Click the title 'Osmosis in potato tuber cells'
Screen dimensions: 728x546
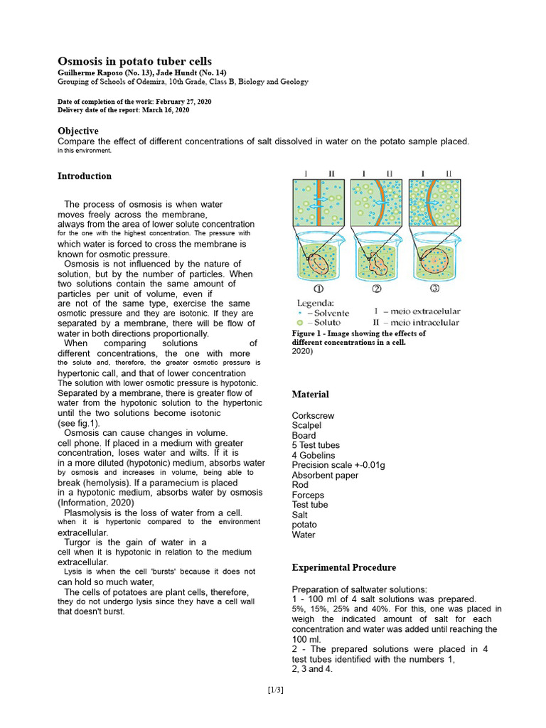tap(134, 61)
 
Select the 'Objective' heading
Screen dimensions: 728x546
tap(77, 131)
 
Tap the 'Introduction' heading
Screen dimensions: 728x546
tap(84, 176)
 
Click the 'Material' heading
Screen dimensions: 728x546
tap(310, 394)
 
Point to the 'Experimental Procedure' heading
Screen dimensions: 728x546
tap(343, 567)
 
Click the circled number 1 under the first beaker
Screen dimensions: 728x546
tap(318, 289)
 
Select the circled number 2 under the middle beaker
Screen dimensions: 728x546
tap(376, 289)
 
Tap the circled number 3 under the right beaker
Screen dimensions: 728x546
tap(434, 289)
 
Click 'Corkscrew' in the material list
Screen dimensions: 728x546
tap(313, 415)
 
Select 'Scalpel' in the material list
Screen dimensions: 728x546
tap(308, 425)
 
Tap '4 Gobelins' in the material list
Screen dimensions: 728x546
tap(314, 455)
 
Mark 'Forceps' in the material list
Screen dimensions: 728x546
tap(308, 495)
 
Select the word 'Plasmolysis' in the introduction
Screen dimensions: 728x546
tap(87, 512)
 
